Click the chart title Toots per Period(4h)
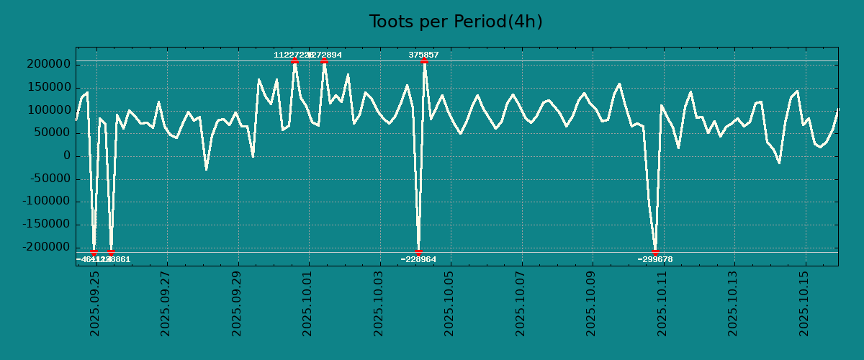(455, 22)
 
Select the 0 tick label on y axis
(66, 156)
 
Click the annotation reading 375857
(423, 55)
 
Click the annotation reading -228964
(418, 259)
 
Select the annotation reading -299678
(655, 259)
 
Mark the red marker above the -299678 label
(655, 252)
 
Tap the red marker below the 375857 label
(424, 61)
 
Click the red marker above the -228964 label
(418, 252)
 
